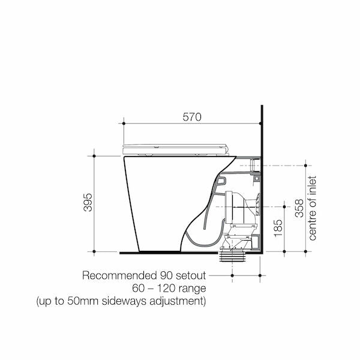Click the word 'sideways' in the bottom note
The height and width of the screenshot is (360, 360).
(124, 301)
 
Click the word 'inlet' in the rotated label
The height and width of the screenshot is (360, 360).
(312, 185)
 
